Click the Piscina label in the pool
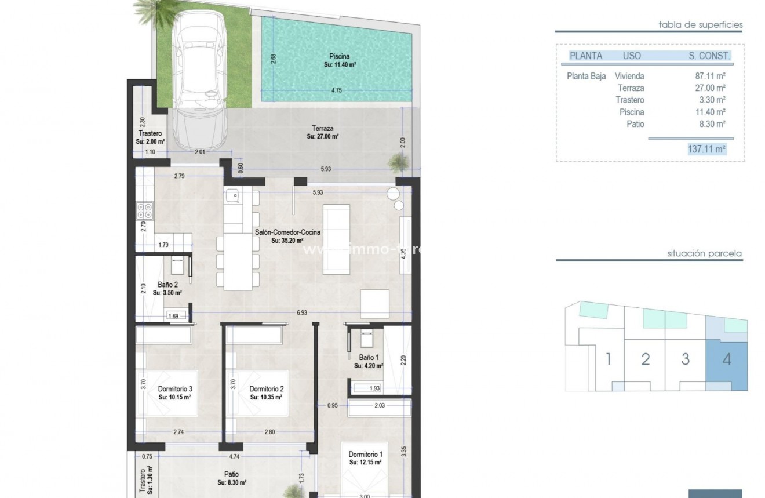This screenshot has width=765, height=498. pyautogui.click(x=340, y=56)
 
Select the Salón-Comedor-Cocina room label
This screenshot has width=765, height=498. pyautogui.click(x=287, y=232)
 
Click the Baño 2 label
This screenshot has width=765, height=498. pyautogui.click(x=167, y=285)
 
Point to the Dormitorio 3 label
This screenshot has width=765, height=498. pyautogui.click(x=175, y=389)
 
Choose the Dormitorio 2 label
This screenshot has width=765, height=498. pyautogui.click(x=266, y=389)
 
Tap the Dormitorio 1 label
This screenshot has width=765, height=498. pyautogui.click(x=366, y=454)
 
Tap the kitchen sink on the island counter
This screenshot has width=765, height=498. pyautogui.click(x=232, y=195)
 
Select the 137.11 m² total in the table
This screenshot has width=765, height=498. pyautogui.click(x=706, y=149)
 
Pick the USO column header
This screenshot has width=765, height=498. pyautogui.click(x=632, y=56)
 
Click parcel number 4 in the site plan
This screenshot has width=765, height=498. pyautogui.click(x=727, y=359)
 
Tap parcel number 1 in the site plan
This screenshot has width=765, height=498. pyautogui.click(x=609, y=359)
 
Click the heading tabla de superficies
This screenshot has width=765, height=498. pyautogui.click(x=701, y=25)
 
